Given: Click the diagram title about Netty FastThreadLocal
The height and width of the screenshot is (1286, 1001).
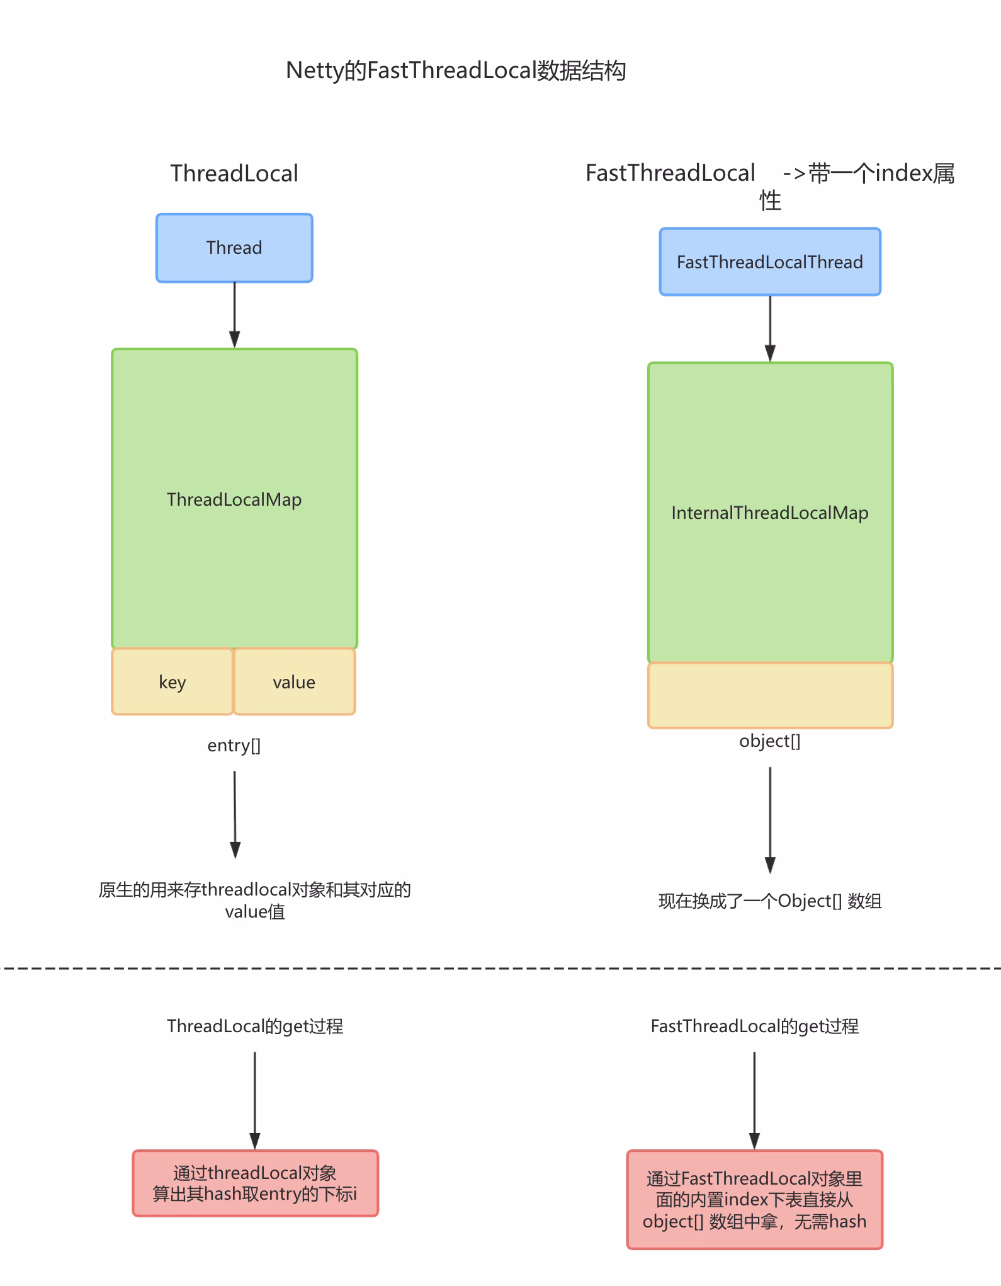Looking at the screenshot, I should click(456, 71).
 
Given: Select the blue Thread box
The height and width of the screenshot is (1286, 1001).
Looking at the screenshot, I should click(234, 248).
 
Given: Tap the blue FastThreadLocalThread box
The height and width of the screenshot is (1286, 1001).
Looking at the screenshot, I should click(769, 262).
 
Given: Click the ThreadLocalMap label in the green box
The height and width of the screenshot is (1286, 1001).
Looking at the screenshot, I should click(234, 499).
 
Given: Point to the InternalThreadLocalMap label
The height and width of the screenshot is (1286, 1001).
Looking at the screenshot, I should click(769, 513).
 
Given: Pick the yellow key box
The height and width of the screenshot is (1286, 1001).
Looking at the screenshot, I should click(172, 682).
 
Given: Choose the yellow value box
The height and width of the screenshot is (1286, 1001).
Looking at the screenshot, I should click(294, 682).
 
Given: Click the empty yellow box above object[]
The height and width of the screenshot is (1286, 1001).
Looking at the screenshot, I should click(770, 695).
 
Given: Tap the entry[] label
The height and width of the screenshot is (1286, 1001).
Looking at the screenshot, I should click(234, 746).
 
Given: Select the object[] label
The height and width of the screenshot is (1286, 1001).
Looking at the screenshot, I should click(769, 741).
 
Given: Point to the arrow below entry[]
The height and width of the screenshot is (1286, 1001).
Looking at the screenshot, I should click(235, 814).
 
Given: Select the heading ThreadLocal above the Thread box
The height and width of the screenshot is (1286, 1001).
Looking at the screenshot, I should click(234, 174).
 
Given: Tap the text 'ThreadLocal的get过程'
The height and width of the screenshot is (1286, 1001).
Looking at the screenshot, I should click(255, 1027).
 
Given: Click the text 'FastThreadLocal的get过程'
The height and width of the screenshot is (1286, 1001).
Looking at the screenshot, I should click(754, 1027).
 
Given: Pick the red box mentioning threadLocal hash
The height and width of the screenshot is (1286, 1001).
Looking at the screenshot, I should click(255, 1183).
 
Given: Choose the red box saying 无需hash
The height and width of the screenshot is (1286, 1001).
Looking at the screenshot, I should click(754, 1200).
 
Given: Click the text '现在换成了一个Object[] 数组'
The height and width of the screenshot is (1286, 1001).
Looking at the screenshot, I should click(769, 901).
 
